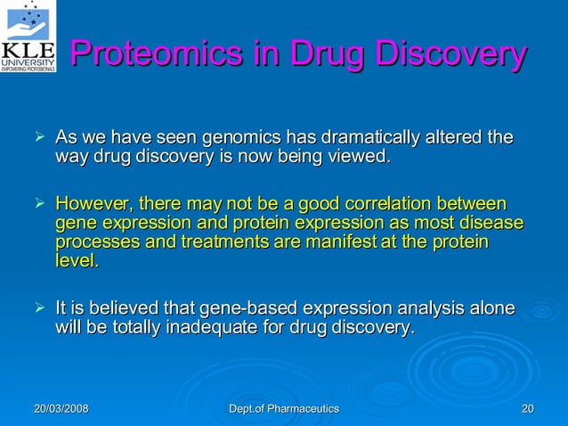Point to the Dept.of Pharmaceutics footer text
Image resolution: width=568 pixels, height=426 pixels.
click(284, 408)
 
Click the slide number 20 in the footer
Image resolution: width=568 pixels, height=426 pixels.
click(527, 408)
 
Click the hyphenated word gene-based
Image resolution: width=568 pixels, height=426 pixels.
click(252, 308)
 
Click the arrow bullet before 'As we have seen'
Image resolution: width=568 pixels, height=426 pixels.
click(38, 138)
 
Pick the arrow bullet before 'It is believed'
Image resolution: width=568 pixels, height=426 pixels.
click(38, 308)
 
